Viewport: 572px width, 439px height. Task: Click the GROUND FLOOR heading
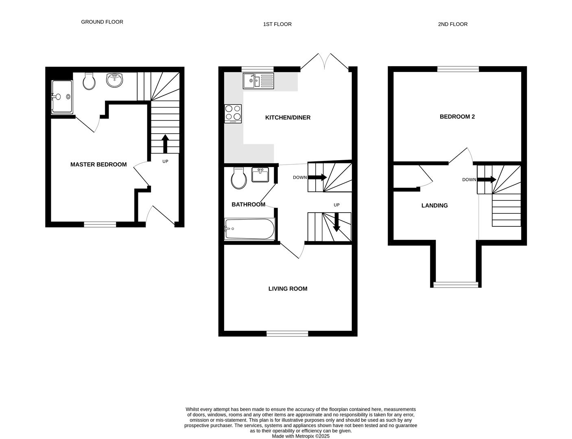click(102, 22)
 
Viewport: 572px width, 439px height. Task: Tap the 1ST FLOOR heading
click(277, 24)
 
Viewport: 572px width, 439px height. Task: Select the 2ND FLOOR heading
click(452, 24)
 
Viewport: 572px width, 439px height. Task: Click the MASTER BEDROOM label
click(98, 165)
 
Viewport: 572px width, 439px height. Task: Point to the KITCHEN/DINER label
click(288, 117)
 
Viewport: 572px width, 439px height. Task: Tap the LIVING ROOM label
click(288, 289)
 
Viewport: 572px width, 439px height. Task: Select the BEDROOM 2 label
click(457, 117)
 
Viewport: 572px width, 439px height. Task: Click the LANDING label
click(434, 206)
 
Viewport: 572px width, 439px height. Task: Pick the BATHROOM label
click(248, 204)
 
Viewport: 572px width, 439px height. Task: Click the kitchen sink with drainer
click(258, 81)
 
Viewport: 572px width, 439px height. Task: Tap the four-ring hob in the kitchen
click(233, 113)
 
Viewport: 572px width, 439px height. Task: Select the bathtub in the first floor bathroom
click(249, 229)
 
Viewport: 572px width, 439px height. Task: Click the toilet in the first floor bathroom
click(239, 178)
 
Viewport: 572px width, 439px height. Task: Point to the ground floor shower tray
click(62, 97)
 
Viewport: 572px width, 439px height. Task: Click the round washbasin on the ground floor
click(115, 80)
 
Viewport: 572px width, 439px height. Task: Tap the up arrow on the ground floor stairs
click(165, 143)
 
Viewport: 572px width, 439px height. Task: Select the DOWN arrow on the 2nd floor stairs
click(487, 180)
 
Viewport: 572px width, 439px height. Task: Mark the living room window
click(287, 334)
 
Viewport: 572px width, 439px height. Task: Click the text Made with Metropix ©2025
click(301, 436)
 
